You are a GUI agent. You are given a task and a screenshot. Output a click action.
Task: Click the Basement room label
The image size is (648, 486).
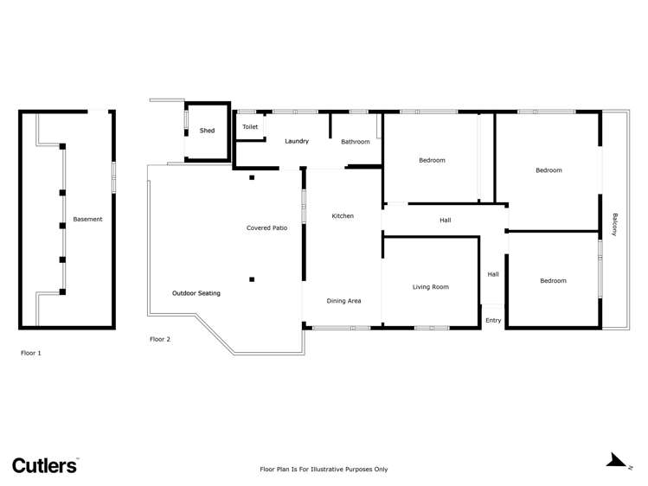click(87, 220)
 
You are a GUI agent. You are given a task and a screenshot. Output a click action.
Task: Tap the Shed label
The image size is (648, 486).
click(207, 131)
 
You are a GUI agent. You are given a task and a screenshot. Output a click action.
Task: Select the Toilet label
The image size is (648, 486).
click(250, 127)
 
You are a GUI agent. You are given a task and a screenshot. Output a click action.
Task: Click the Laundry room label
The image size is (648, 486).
click(297, 141)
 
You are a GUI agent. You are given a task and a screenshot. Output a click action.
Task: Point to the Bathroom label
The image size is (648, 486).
click(355, 142)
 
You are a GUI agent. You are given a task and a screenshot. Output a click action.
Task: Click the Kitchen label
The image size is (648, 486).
click(343, 216)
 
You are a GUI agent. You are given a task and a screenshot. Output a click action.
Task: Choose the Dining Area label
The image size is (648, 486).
click(343, 301)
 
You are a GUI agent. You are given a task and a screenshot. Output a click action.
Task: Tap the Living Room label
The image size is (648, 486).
click(430, 287)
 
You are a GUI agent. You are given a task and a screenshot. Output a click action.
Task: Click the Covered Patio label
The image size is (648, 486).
click(266, 228)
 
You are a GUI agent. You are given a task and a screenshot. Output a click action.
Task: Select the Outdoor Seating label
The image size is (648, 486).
click(196, 293)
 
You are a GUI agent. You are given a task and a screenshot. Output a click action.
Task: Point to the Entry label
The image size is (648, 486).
click(493, 321)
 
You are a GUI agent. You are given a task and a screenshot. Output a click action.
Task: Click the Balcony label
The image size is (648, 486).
click(615, 225)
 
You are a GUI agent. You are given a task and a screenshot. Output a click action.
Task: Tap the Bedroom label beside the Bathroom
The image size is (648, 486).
click(432, 160)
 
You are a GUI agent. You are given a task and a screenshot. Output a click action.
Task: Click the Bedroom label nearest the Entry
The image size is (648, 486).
click(553, 280)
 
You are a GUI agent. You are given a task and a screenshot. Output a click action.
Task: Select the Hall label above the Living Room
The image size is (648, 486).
click(445, 221)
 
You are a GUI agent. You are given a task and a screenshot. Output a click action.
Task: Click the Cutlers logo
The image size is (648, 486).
click(44, 465)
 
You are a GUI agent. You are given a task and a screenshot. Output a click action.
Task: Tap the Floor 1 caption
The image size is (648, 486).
click(31, 353)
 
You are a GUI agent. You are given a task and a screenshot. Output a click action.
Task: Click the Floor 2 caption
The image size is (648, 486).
click(160, 339)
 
